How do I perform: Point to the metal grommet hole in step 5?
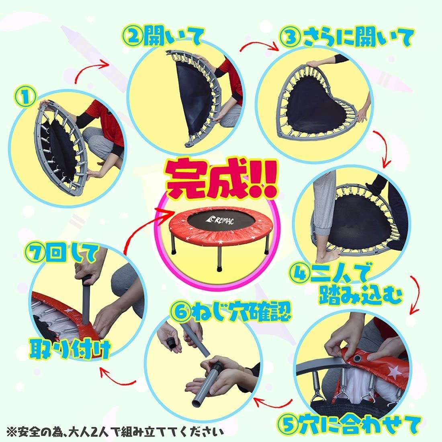click(x=358, y=358)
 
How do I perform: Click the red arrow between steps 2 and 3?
click(x=259, y=45)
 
